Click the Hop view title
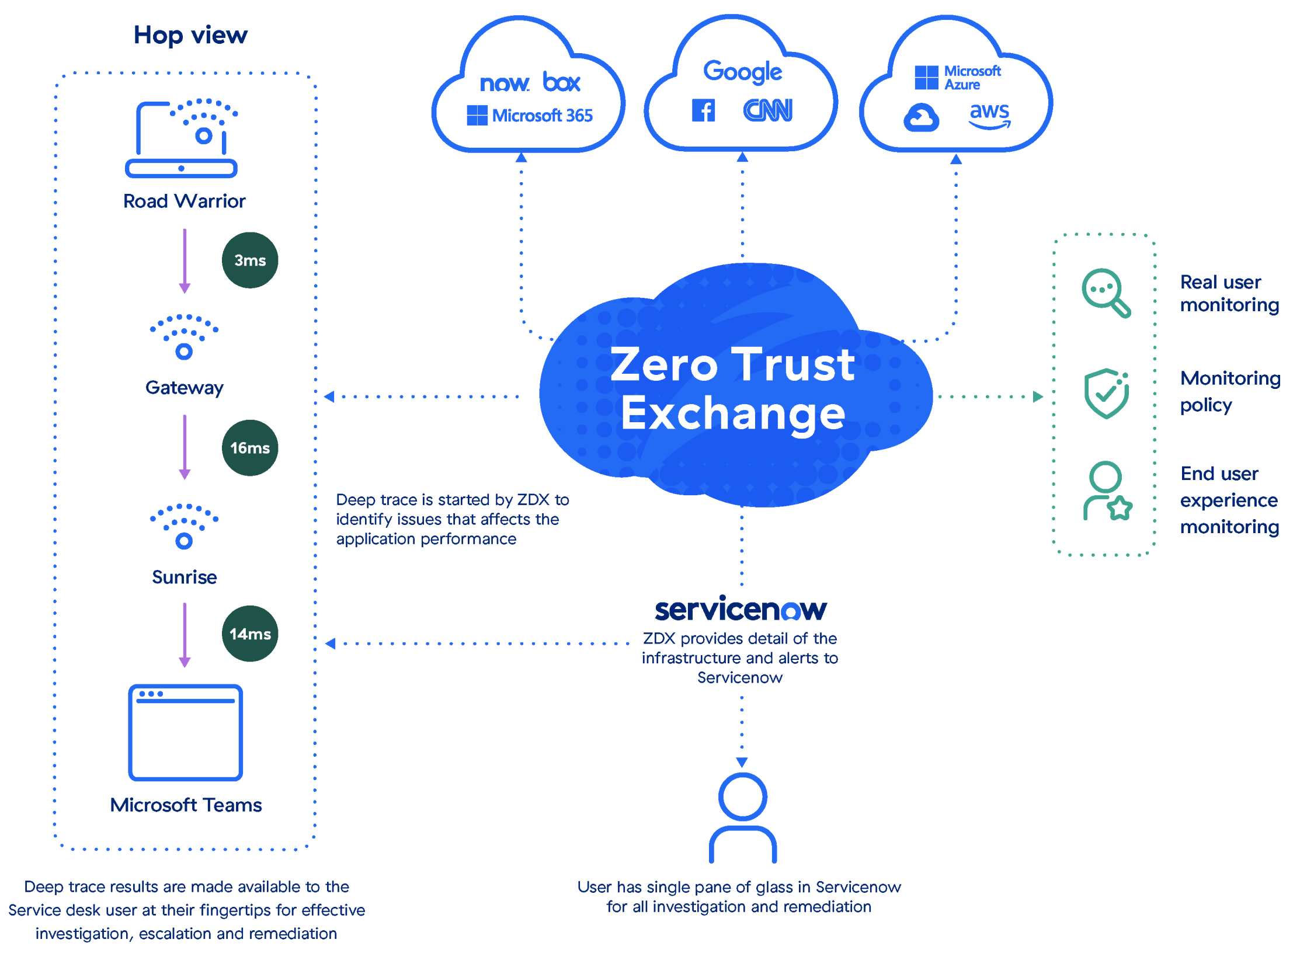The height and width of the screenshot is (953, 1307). [x=190, y=36]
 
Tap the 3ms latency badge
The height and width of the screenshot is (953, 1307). [x=250, y=260]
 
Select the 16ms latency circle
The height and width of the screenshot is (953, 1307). [x=250, y=448]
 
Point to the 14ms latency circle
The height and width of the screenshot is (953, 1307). [x=250, y=634]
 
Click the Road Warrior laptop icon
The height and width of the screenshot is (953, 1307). [x=182, y=139]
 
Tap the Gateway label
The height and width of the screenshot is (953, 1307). [x=185, y=388]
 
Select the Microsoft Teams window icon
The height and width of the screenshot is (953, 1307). [x=186, y=733]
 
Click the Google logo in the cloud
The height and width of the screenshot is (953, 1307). [x=742, y=72]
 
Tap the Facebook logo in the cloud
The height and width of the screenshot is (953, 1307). [x=703, y=111]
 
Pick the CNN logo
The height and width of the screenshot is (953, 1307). [x=768, y=111]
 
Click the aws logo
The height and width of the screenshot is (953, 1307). [x=989, y=114]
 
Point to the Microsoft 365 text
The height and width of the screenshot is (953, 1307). [x=542, y=116]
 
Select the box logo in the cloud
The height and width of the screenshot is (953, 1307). [x=561, y=82]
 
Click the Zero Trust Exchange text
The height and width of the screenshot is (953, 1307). [x=733, y=388]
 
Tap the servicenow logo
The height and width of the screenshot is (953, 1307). [x=741, y=610]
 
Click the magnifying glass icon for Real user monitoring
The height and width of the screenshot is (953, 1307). [x=1106, y=293]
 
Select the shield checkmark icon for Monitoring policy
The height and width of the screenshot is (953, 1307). [x=1106, y=394]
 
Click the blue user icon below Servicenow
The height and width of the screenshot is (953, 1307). [x=742, y=818]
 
